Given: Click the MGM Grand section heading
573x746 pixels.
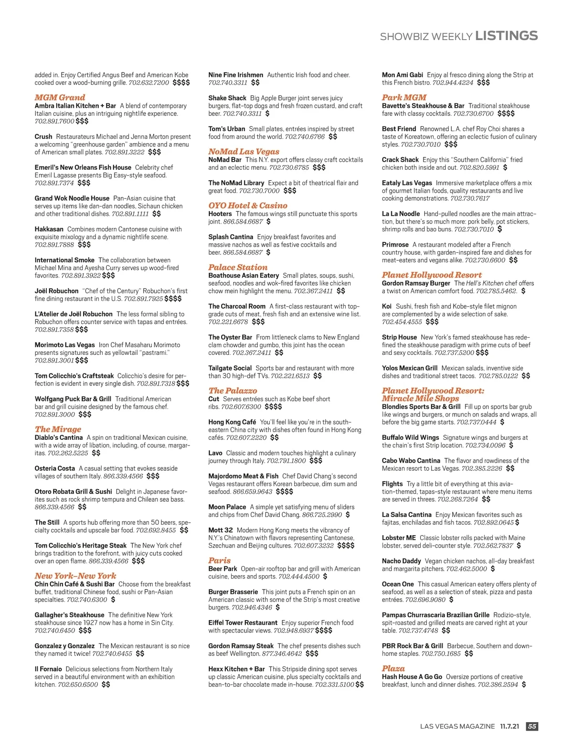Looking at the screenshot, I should pos(60,97).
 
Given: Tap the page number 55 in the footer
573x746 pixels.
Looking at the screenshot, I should pos(532,726).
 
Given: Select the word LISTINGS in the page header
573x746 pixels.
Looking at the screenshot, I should pos(507,36).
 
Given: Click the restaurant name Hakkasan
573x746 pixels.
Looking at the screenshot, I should pos(49,229).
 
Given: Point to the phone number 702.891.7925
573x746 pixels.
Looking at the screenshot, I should pos(143,299).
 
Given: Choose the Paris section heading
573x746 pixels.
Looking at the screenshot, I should pos(219,560).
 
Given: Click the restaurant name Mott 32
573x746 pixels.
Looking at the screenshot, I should pos(220,530).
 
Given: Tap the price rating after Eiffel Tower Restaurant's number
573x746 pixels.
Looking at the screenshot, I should pos(324,631).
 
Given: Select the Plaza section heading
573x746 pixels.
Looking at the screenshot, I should pos(393,668).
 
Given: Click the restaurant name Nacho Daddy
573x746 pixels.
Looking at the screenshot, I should pos(401,561).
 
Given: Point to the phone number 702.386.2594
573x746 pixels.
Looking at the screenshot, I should pos(498,684).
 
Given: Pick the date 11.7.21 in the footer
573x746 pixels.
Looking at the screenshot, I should pos(509,726).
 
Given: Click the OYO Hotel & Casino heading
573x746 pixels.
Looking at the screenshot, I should pos(247,206).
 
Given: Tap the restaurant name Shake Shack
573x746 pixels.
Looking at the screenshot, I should pos(227,98).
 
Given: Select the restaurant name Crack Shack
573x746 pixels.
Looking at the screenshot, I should pos(400,160).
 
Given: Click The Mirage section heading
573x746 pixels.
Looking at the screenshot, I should pos(58,429).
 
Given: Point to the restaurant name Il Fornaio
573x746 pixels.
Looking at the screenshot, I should pos(48,669).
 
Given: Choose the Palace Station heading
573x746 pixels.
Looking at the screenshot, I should pos(238,267).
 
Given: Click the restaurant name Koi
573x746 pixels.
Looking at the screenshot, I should pos(387,306).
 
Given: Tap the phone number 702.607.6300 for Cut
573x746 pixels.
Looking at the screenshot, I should pos(241,407).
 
